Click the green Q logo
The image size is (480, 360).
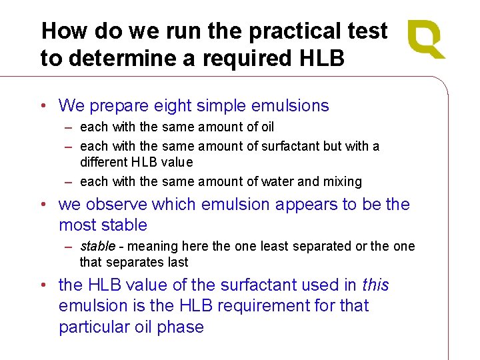(426, 39)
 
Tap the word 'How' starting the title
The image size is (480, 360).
(65, 31)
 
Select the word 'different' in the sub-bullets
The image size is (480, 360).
(103, 162)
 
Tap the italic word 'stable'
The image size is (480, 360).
(97, 246)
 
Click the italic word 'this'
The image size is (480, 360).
(375, 285)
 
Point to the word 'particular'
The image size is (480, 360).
(93, 327)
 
